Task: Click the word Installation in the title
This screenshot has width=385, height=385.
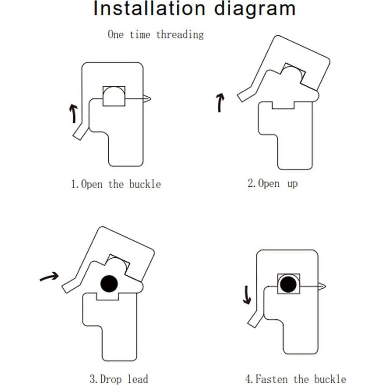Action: point(148,9)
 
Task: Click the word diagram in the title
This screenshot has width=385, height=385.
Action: point(254,9)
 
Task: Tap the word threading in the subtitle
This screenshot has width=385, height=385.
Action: point(180,35)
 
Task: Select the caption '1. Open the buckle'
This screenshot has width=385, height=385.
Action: point(116,184)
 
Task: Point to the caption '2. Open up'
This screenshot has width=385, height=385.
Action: point(272,184)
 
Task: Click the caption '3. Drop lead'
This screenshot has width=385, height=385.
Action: point(118,379)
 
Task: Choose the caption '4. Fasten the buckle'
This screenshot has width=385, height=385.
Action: point(295,379)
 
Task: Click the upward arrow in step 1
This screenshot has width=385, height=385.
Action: point(73,113)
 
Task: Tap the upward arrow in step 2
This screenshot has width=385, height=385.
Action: point(220,103)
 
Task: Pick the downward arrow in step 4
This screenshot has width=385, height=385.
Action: point(247,294)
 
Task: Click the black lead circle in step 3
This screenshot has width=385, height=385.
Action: point(109,284)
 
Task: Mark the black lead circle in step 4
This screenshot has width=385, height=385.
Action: point(288,284)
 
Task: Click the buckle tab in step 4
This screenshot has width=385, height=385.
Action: point(255,320)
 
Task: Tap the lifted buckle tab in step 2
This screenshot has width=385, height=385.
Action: point(245,95)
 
